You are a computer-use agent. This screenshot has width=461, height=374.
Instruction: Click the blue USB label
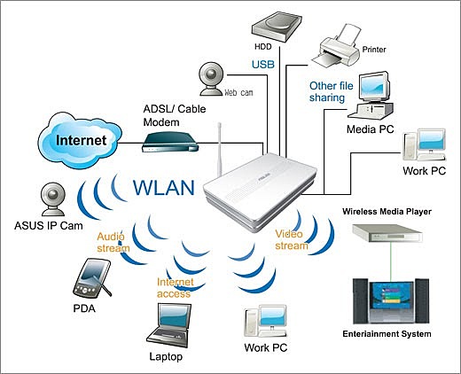(263, 64)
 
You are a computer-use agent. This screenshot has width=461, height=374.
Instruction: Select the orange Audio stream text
(113, 241)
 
